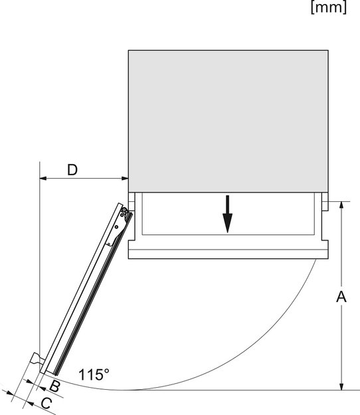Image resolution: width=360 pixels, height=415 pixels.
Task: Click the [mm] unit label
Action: [x=329, y=7]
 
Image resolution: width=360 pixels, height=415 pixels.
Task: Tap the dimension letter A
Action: [x=341, y=296]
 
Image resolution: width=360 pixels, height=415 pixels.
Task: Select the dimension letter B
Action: [x=54, y=386]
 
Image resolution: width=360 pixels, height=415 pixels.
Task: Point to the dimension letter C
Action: [x=46, y=403]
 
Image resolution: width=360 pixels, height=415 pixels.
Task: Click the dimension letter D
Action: [x=72, y=170]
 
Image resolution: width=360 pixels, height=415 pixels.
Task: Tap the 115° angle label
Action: [x=94, y=374]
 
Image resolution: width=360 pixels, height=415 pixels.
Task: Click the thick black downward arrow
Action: [x=227, y=214]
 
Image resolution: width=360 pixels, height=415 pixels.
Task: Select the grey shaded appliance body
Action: [x=228, y=121]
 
